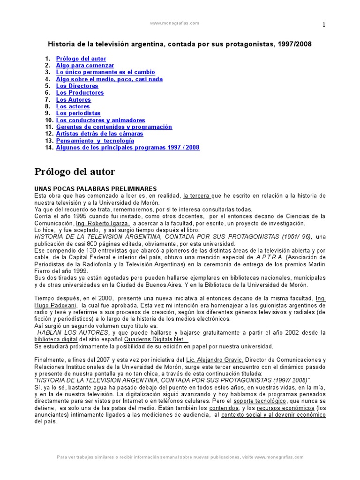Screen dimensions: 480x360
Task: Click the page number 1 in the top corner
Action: (323, 25)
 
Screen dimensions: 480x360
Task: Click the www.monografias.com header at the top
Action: (174, 23)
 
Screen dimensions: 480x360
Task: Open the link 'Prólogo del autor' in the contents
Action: (81, 59)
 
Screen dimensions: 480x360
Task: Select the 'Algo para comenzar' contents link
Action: (85, 66)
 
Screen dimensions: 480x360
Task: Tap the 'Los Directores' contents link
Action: (77, 86)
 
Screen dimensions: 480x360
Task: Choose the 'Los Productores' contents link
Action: (80, 93)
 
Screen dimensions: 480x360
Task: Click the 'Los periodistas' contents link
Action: (78, 113)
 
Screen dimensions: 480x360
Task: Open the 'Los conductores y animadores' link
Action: (101, 120)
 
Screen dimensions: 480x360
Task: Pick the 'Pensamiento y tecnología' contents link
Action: (95, 141)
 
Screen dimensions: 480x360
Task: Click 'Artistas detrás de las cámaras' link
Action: (100, 134)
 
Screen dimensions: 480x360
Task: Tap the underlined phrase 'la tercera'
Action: (197, 195)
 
